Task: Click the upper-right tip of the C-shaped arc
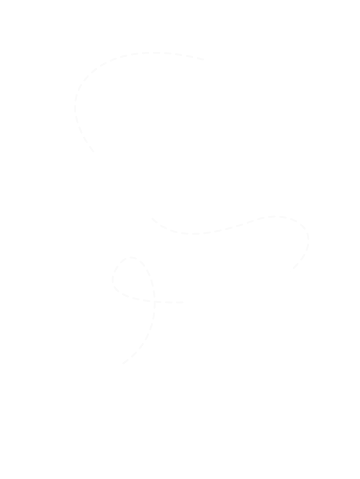pos(203,59)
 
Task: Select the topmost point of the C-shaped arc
pos(149,52)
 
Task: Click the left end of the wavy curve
pos(151,218)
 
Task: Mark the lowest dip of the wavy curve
pos(191,233)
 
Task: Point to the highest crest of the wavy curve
pos(277,216)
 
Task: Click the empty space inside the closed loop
pos(133,279)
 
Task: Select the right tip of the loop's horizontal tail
pos(185,303)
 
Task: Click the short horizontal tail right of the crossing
pos(170,303)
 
